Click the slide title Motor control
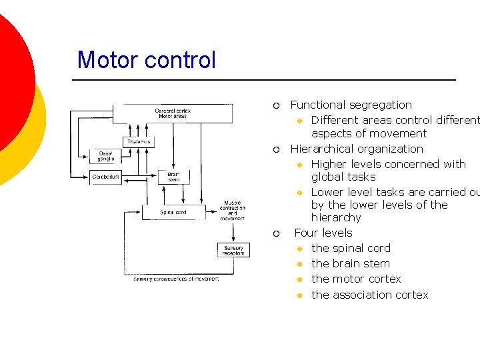147,60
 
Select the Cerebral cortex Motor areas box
173,113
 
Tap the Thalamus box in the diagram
139,142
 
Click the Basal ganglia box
106,156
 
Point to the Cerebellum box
106,177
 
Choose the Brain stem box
173,177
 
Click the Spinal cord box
173,213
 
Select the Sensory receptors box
233,250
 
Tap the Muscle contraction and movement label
233,210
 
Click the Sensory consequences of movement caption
176,279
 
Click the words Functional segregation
351,105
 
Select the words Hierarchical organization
357,149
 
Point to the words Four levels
323,233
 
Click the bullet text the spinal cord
351,248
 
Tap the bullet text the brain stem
351,263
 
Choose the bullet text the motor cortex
356,279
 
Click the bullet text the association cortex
369,295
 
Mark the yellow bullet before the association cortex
300,295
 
